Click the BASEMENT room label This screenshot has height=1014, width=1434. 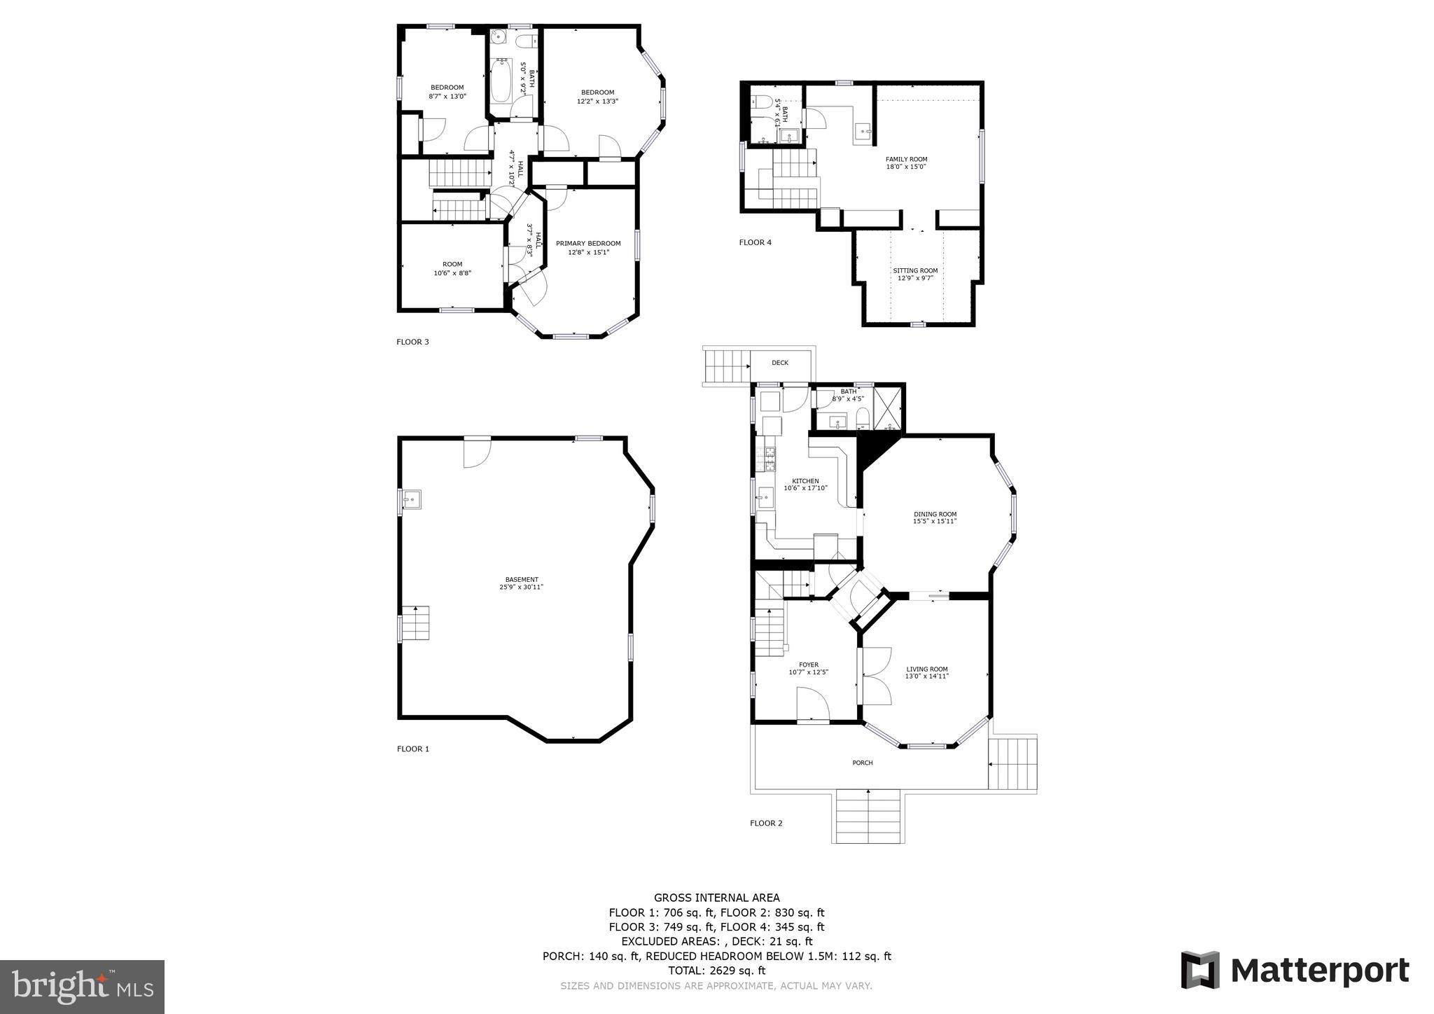522,580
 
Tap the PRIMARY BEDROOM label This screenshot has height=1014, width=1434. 588,244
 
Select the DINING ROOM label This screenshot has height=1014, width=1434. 935,515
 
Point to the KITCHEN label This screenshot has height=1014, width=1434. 805,482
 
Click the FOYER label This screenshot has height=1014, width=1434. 809,665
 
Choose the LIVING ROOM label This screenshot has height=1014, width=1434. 926,669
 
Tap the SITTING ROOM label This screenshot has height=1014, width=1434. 915,271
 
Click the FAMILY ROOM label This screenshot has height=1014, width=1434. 906,160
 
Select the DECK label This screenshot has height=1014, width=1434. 780,363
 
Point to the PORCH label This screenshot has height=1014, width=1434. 863,763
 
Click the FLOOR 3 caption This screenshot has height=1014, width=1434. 412,342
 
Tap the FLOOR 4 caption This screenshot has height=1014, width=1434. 756,243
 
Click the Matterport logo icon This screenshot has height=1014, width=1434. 1200,970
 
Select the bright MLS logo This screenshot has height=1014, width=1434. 82,987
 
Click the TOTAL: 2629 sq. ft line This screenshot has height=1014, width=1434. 716,971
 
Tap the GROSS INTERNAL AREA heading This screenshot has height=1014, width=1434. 716,898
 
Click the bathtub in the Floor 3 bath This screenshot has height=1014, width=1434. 499,82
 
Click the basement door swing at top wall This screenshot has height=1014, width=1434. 477,452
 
